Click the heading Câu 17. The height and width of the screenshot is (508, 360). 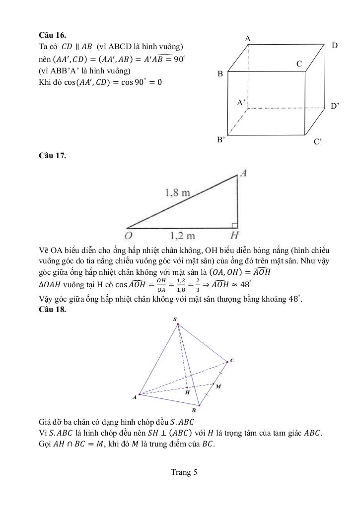(x=52, y=156)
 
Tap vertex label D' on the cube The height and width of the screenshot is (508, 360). (x=335, y=106)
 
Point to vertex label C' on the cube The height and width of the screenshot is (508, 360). (x=318, y=141)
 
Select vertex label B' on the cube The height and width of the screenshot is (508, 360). (x=221, y=140)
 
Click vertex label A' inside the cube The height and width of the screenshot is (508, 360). (x=242, y=103)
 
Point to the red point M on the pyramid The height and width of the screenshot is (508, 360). (x=214, y=383)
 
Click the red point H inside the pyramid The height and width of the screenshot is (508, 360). (x=187, y=386)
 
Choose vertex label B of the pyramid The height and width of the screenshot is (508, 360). (x=194, y=411)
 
